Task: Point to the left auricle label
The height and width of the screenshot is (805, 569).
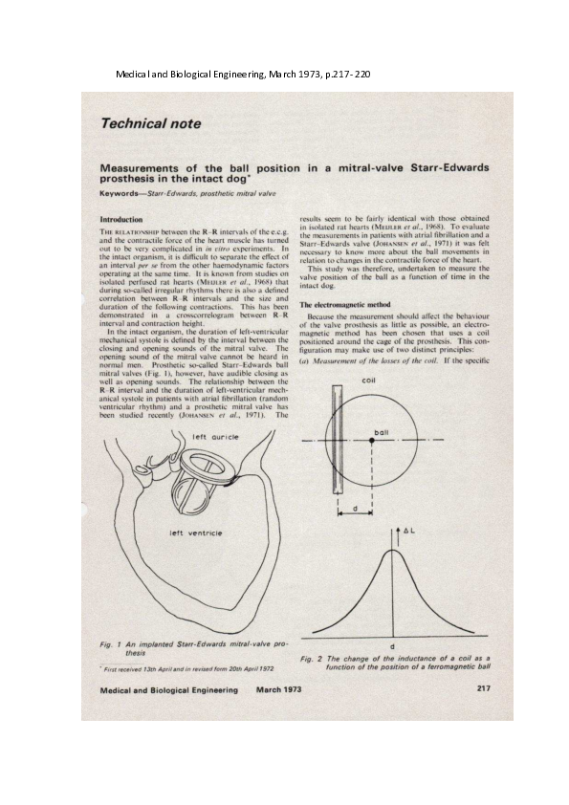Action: [x=215, y=437]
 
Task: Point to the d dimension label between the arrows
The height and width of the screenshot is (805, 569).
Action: [x=355, y=509]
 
